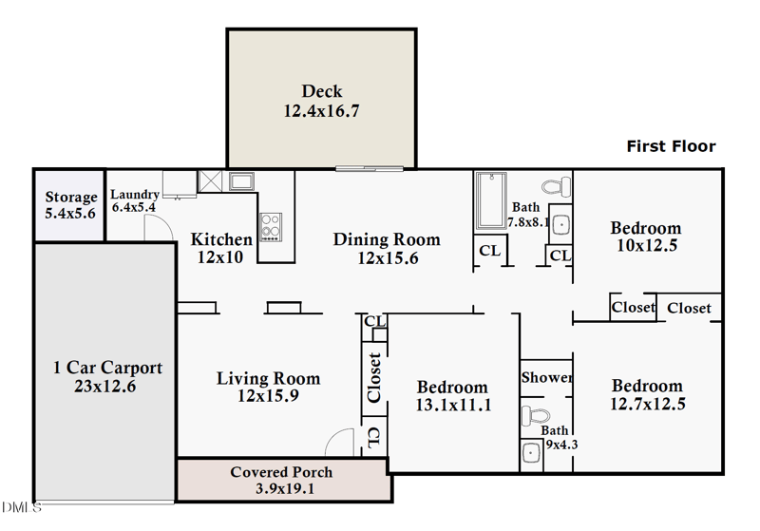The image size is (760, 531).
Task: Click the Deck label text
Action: click(321, 92)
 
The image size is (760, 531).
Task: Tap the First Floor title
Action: click(671, 146)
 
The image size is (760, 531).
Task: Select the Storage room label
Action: click(71, 198)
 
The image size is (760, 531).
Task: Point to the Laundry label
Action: click(134, 195)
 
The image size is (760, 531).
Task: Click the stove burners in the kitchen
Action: click(271, 226)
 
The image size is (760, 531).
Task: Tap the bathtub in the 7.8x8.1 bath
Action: click(491, 201)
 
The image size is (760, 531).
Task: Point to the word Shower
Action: click(546, 377)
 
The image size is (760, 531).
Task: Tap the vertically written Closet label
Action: click(374, 377)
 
